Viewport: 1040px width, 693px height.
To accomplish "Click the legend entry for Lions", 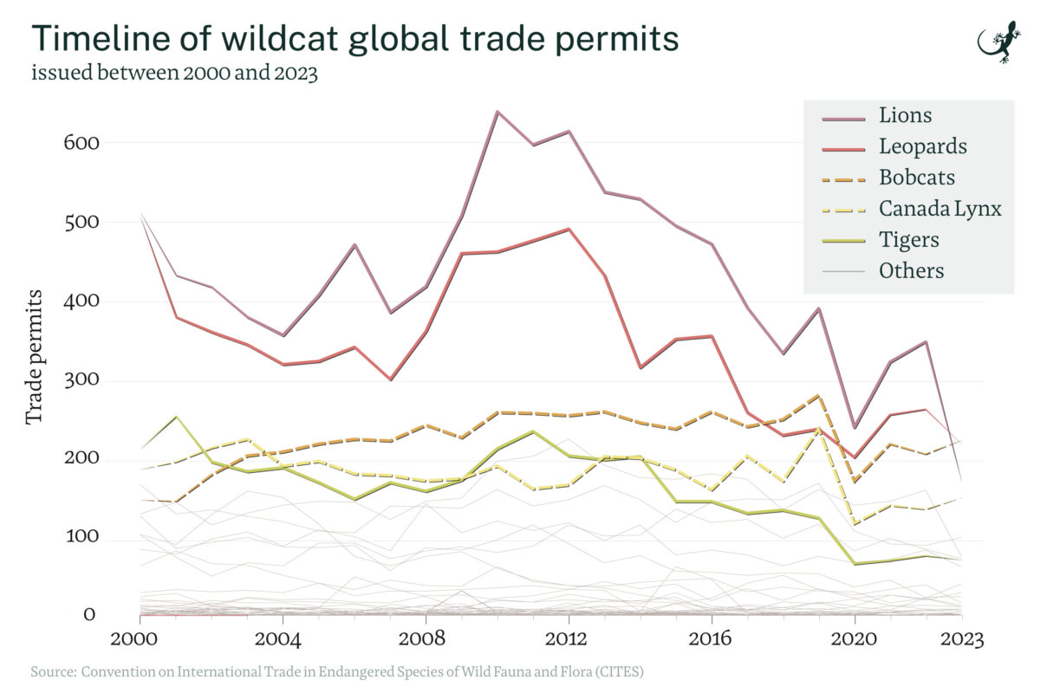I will point(905,114).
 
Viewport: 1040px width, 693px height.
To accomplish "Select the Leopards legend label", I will point(922,146).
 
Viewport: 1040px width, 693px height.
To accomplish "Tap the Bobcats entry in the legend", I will point(916,177).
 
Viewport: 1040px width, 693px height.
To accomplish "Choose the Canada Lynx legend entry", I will point(939,208).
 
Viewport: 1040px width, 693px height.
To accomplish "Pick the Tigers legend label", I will point(908,239).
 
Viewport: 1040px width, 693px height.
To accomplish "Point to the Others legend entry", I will point(911,270).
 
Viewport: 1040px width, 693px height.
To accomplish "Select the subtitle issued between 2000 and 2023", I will point(174,73).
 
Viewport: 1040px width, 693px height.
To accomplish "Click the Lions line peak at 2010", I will point(497,112).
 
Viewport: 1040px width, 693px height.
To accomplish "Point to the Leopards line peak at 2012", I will point(569,229).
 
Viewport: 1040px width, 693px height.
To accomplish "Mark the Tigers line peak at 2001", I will point(176,417).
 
